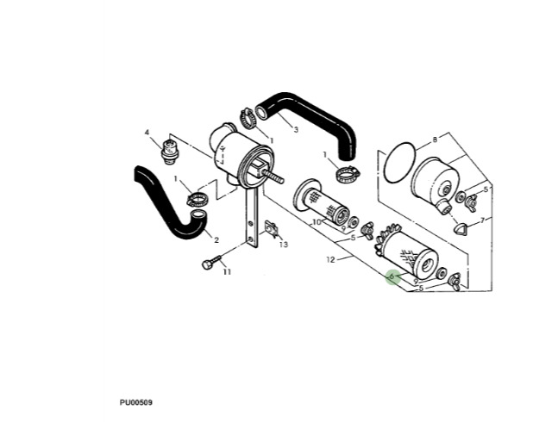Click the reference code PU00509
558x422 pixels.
pos(136,402)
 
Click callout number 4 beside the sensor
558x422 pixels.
pos(147,133)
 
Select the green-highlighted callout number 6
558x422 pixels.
pos(392,276)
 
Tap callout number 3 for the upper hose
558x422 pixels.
pos(296,129)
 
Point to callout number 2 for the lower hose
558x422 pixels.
pos(216,240)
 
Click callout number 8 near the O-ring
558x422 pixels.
pos(435,140)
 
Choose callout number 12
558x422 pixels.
pos(330,260)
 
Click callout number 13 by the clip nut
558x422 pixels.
pos(284,245)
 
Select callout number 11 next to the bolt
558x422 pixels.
pos(227,272)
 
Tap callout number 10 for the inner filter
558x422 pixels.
pos(317,222)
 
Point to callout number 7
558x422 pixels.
pos(482,220)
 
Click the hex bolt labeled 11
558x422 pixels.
pos(211,262)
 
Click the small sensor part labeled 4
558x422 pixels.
pos(170,153)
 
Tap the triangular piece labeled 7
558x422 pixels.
pos(461,228)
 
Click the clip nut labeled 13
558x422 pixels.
pos(272,229)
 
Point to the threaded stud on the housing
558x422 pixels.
pos(273,176)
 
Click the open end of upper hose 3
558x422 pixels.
pos(262,112)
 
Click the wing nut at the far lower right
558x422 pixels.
pos(455,282)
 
